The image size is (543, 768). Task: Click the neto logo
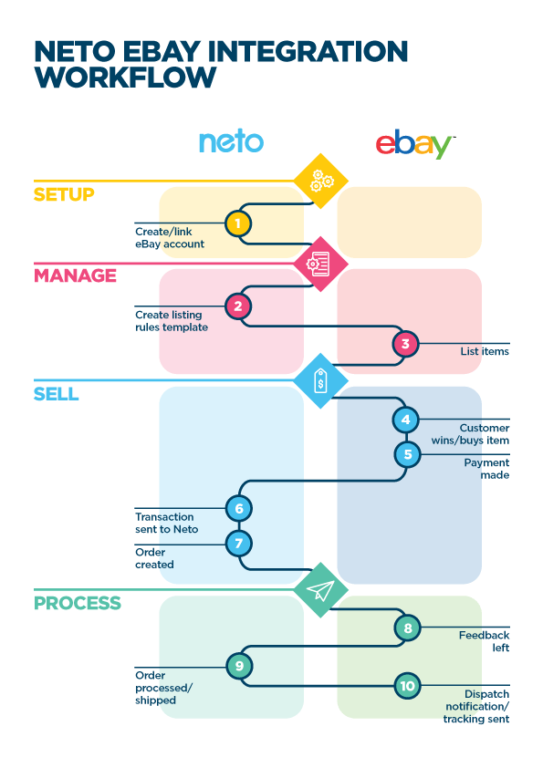231,141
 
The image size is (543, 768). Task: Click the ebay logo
415,144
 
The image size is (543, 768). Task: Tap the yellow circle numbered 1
238,223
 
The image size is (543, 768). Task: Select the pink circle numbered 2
238,306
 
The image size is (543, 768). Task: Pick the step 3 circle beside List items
406,345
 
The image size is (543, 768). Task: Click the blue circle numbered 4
406,420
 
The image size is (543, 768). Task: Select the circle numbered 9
238,667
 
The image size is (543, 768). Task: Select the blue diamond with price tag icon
319,381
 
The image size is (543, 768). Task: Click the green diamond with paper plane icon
319,590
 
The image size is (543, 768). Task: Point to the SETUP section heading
64,194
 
